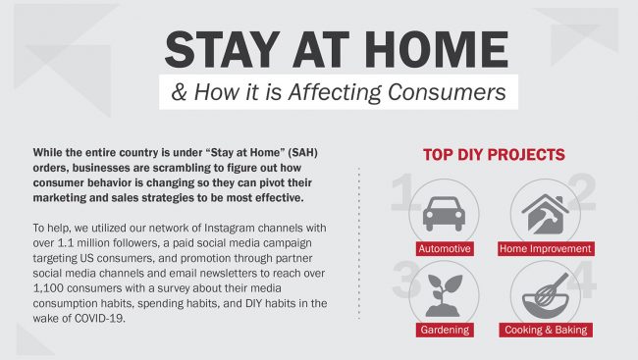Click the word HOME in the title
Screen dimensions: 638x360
[436, 50]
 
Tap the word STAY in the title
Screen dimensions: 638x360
[223, 50]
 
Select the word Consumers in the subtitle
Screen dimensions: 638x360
[447, 92]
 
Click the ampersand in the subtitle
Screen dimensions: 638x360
[179, 92]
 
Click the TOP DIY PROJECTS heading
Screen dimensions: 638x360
[494, 155]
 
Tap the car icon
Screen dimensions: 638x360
[444, 214]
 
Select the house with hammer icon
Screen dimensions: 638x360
[545, 214]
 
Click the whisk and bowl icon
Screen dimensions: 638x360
[545, 296]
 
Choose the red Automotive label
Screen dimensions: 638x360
[445, 248]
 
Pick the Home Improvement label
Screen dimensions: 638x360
[546, 248]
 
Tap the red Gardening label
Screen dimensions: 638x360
[445, 330]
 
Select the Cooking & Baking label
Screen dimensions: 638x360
[546, 330]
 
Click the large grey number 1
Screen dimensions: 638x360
[403, 192]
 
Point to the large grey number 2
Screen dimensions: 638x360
[582, 192]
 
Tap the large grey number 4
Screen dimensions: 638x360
[582, 280]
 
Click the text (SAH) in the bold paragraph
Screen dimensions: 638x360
[302, 153]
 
